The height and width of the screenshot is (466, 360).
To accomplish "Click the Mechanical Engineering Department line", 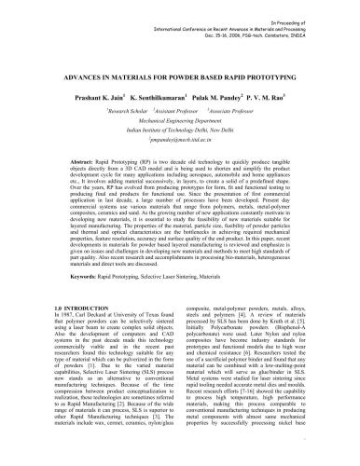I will [179, 122].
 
